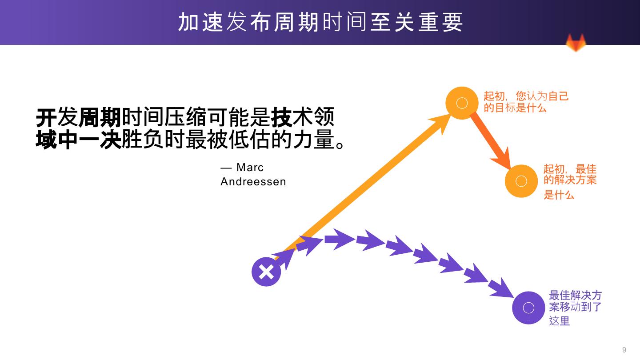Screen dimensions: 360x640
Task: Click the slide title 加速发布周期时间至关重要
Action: (320, 22)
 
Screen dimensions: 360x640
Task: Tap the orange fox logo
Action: (576, 43)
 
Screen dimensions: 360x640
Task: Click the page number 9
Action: (624, 350)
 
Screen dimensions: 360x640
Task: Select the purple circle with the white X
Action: (266, 272)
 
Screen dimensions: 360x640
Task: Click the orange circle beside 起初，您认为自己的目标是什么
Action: (462, 103)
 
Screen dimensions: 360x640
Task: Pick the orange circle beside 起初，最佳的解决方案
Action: (521, 181)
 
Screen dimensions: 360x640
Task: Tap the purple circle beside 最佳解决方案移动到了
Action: (528, 308)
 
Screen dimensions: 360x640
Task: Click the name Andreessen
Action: (253, 182)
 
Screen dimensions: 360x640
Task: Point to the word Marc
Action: (250, 168)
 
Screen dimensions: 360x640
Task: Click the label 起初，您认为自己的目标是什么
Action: (526, 102)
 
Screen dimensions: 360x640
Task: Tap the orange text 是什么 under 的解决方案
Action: (559, 195)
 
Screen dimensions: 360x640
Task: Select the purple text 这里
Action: (559, 320)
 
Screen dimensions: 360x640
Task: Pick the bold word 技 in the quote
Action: (281, 118)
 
